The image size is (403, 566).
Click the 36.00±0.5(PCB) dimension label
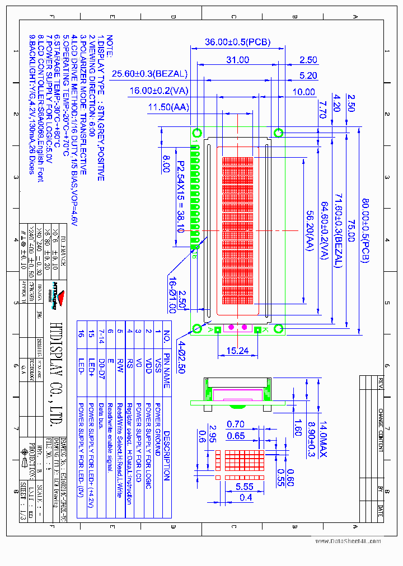pyautogui.click(x=237, y=43)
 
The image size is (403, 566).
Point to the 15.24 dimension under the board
pyautogui.click(x=237, y=351)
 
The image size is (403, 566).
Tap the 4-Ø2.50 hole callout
pyautogui.click(x=180, y=357)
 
